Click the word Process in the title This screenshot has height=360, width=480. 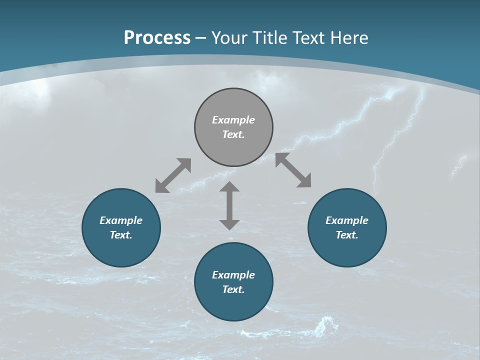[157, 37]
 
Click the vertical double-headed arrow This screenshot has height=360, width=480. [229, 206]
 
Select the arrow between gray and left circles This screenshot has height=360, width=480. [173, 175]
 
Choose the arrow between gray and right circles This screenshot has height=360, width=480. [293, 170]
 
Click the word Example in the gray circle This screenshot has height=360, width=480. [233, 120]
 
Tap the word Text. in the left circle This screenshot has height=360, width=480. [121, 235]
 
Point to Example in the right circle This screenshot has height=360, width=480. [347, 220]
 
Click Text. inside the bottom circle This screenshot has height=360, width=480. [233, 289]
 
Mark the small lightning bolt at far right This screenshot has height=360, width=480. [458, 167]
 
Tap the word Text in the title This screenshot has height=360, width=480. [307, 37]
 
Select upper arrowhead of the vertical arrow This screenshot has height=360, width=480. [229, 187]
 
